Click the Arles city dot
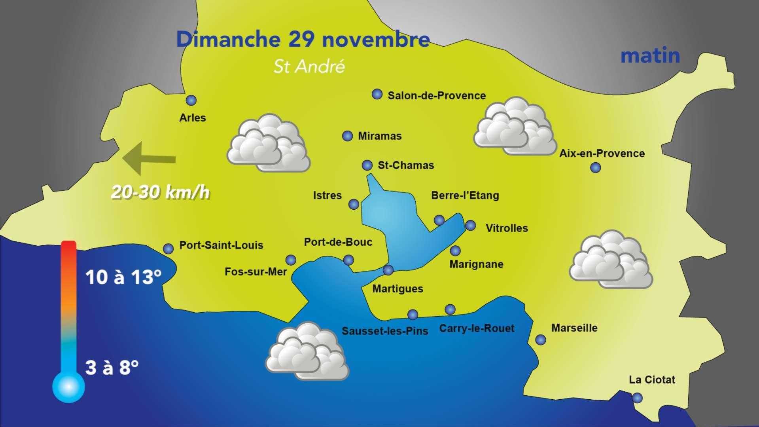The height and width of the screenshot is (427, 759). click(191, 100)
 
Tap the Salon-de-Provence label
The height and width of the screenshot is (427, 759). click(436, 96)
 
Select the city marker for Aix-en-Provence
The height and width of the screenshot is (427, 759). click(595, 168)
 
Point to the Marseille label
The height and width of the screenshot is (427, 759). click(574, 328)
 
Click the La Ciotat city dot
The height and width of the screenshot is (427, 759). click(637, 398)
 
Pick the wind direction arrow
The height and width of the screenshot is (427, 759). click(149, 158)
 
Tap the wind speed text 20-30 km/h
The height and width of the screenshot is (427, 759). click(160, 193)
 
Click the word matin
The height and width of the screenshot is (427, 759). click(650, 56)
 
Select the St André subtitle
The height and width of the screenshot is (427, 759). click(309, 66)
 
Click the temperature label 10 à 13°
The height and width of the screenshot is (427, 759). click(123, 277)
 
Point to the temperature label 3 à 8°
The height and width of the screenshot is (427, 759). click(112, 368)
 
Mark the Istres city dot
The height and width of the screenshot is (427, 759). click(354, 204)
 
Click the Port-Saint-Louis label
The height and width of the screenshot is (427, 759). click(221, 245)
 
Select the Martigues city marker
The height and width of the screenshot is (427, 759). click(388, 270)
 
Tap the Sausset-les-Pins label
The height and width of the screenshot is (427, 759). click(385, 331)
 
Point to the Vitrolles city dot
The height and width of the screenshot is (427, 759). click(470, 226)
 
